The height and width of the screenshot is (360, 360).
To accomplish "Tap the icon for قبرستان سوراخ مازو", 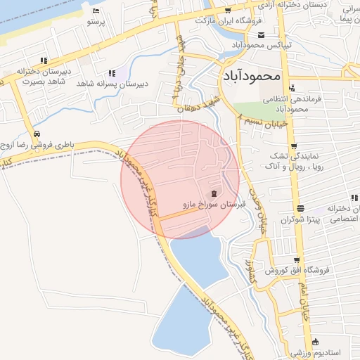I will [x=213, y=194].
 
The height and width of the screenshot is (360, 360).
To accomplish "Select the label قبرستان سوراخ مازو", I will [x=212, y=206].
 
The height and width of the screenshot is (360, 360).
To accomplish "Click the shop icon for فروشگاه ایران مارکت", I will [x=229, y=11].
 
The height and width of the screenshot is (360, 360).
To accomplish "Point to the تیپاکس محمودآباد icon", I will [x=262, y=35].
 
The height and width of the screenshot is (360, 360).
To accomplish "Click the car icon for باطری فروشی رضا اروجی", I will [x=35, y=134].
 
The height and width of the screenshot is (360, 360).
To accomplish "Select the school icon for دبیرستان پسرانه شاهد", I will [x=112, y=73].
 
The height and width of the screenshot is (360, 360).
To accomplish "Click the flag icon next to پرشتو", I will [x=96, y=11].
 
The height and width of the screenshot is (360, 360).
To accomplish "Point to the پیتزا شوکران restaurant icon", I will [x=301, y=208].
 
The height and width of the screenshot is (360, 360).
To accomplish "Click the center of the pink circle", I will [x=180, y=180].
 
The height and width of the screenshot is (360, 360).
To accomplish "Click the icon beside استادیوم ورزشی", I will [x=315, y=340].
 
